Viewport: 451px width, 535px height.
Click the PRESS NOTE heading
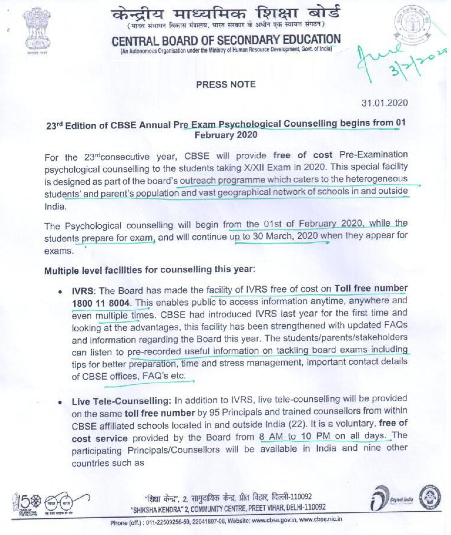(x=226, y=85)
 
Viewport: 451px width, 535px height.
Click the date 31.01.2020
(x=385, y=103)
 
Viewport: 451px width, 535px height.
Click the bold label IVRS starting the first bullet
(x=83, y=291)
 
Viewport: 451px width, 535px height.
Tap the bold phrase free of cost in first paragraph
(x=303, y=155)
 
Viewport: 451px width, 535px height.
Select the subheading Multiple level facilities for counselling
(x=148, y=270)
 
